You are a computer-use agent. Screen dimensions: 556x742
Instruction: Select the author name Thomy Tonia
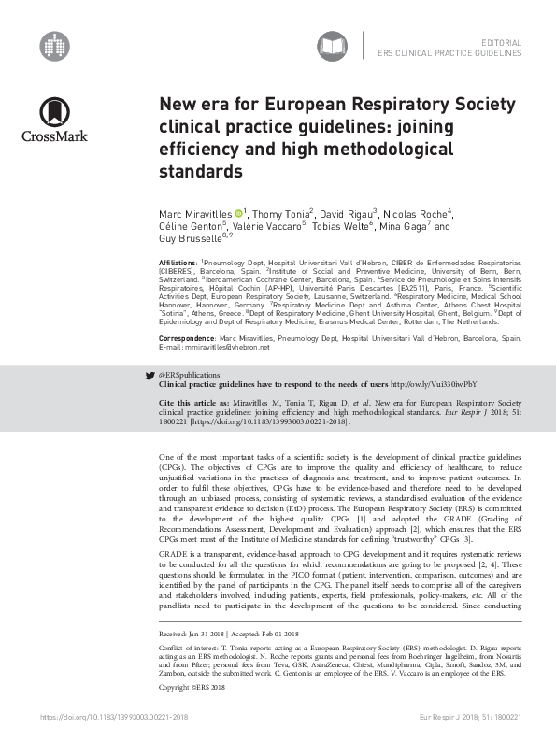pyautogui.click(x=283, y=214)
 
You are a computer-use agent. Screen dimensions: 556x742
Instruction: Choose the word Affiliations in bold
pyautogui.click(x=178, y=264)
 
